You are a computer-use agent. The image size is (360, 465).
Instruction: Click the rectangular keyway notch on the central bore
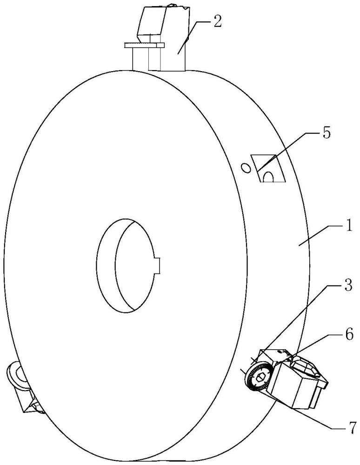tap(157, 265)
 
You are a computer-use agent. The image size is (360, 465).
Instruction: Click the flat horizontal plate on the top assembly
tap(144, 45)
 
